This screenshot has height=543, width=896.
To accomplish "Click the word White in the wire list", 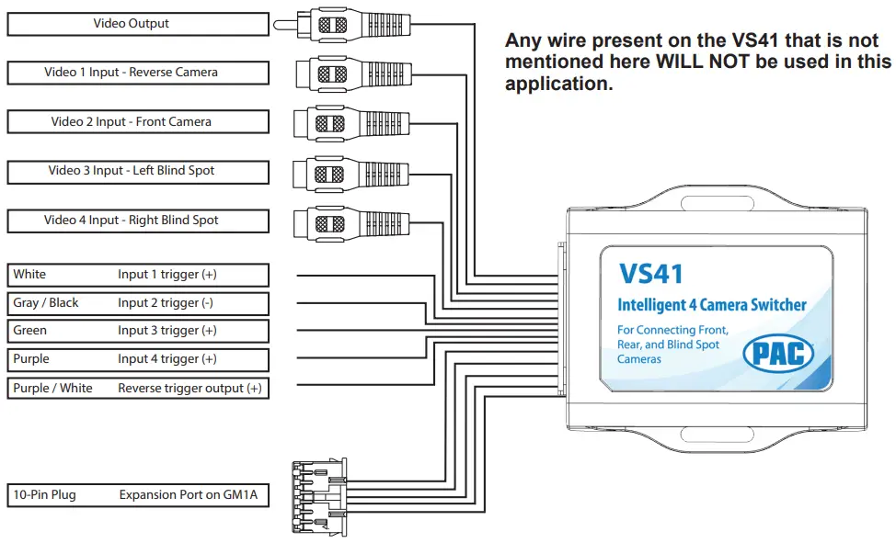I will tap(29, 275).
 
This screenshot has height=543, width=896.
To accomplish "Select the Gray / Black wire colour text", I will tap(46, 303).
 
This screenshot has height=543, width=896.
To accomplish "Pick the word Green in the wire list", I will tap(30, 331).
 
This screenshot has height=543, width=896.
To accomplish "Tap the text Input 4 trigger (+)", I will tap(167, 359).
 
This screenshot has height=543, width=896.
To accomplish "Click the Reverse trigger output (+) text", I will tap(190, 389).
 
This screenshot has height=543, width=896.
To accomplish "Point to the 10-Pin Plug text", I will tap(44, 495).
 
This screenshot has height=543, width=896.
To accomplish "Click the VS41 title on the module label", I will tap(650, 273).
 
